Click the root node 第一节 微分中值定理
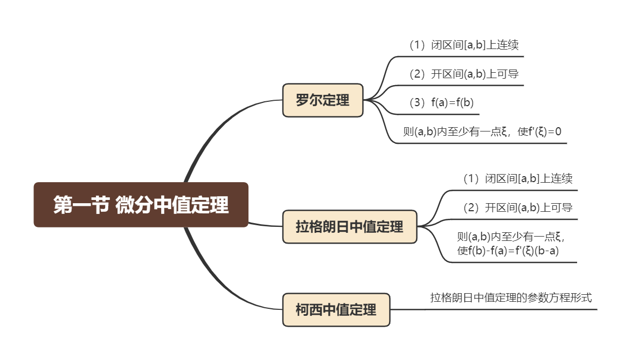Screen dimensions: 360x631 [x=141, y=205]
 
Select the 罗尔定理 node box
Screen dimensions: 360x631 [x=323, y=100]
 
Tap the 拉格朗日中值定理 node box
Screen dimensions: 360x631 [x=350, y=227]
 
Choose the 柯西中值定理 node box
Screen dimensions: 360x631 [x=336, y=310]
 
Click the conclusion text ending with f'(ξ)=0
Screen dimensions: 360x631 [x=483, y=132]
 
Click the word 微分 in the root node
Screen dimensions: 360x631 [x=134, y=205]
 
